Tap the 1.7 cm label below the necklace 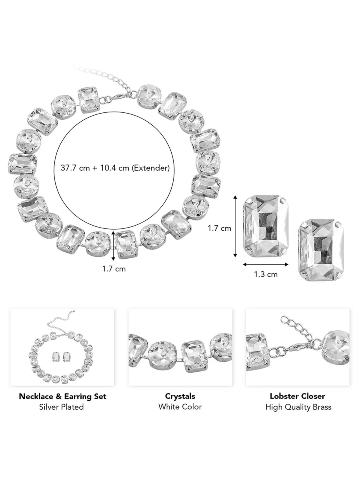(114, 269)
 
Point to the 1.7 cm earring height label (219, 228)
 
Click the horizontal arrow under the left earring (266, 264)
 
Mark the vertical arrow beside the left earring (236, 228)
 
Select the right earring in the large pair (321, 249)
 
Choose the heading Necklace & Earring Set (62, 396)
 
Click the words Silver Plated (62, 407)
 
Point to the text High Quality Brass (298, 407)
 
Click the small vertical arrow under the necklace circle (114, 245)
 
